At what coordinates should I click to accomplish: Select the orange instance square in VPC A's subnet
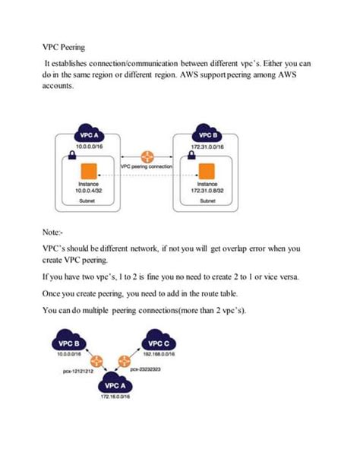(x=92, y=169)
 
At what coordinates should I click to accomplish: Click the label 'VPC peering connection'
(x=146, y=166)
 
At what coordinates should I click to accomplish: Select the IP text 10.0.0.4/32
(x=92, y=190)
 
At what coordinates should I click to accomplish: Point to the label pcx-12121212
(x=77, y=372)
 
